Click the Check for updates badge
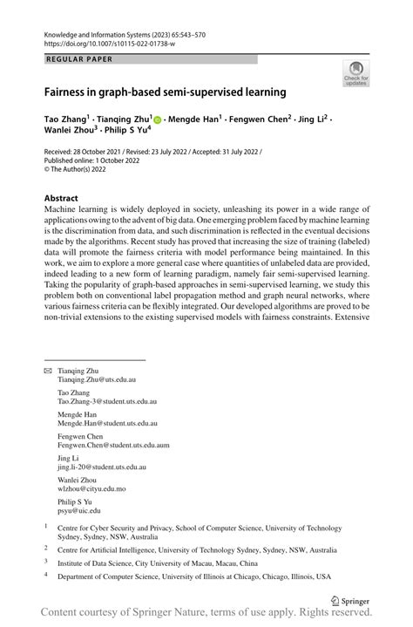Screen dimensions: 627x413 click(x=355, y=75)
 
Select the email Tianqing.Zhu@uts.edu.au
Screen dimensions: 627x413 click(x=97, y=380)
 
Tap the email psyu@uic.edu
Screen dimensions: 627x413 click(x=78, y=511)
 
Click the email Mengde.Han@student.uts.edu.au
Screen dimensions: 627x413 click(x=108, y=424)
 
